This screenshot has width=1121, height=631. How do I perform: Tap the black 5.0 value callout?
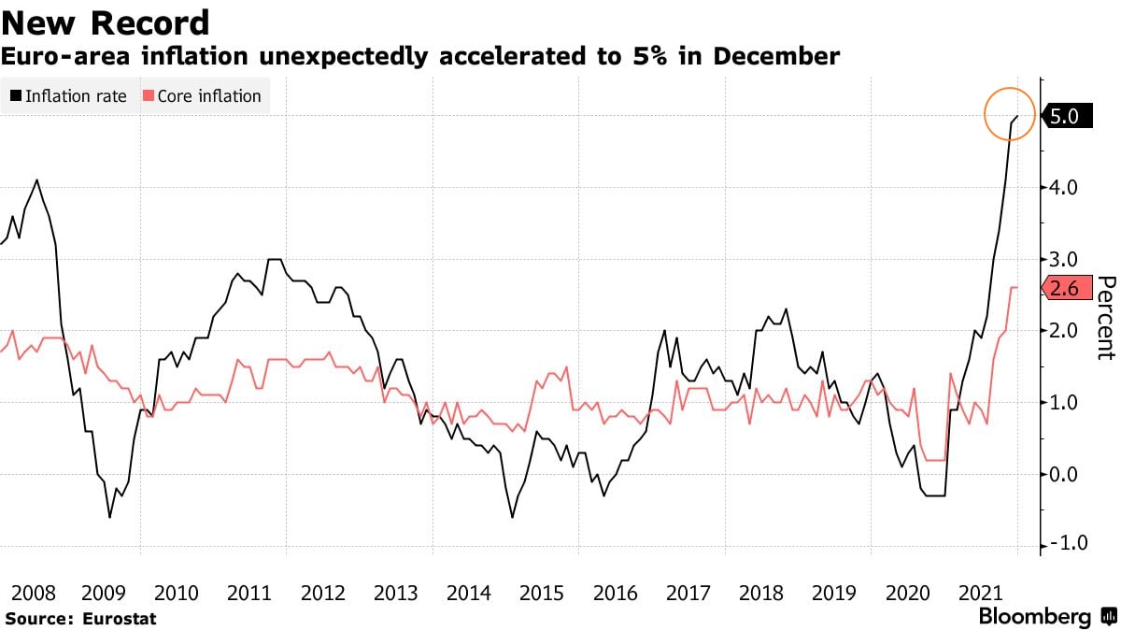1064,116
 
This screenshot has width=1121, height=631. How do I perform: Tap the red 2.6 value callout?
1064,289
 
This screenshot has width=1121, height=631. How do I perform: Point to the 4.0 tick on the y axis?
1064,188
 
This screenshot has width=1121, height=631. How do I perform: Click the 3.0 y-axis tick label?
1064,259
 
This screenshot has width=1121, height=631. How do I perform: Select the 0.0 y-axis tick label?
1064,474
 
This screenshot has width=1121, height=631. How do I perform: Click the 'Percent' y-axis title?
1106,318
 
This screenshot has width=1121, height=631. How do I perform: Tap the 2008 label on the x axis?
30,593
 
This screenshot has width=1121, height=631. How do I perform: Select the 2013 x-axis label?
395,593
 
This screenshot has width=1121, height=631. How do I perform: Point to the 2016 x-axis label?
614,593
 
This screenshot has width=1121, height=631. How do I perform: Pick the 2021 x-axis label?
979,593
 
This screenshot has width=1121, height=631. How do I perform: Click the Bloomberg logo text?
1034,617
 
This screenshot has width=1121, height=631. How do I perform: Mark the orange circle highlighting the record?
1010,114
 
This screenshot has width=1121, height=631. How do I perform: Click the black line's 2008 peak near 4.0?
36,180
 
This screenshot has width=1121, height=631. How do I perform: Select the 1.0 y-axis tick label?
1064,403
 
